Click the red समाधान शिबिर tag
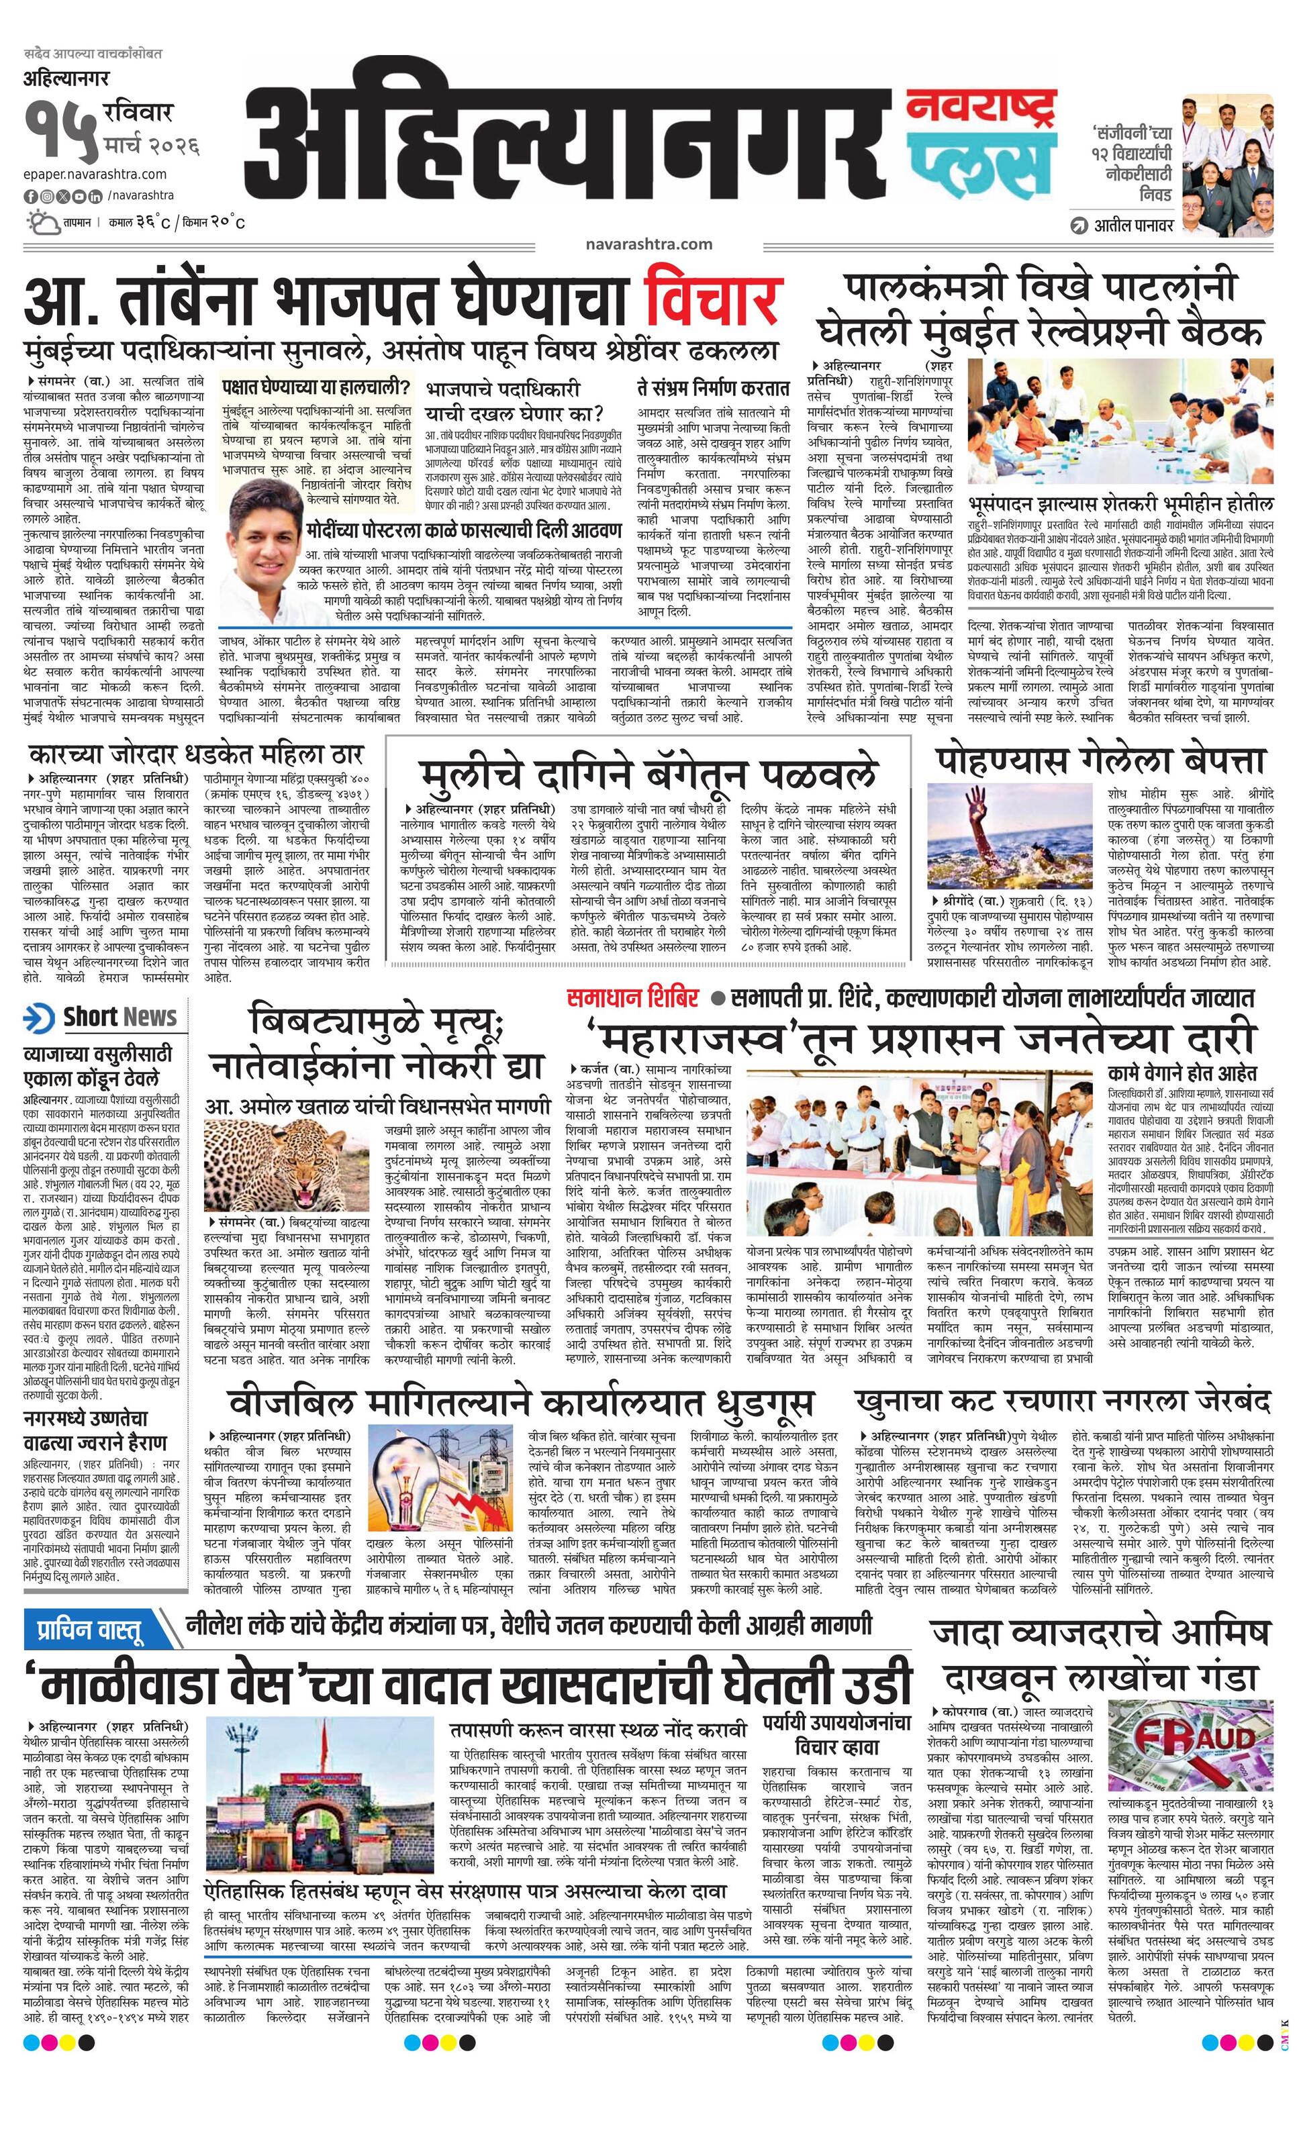point(632,998)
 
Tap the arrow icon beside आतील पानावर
point(1077,226)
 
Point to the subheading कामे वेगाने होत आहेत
point(1182,1074)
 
